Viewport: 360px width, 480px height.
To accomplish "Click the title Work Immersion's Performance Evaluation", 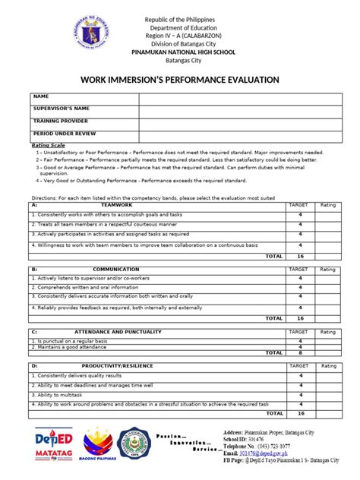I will click(179, 80).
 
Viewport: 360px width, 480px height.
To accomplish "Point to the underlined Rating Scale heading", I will click(48, 144).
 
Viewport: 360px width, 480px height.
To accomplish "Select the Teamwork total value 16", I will click(300, 257).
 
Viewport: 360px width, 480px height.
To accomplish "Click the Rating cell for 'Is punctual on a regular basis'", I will click(327, 341).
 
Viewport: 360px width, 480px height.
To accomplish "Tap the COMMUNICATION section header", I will click(115, 270).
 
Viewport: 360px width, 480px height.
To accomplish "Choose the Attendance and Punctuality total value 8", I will click(300, 352).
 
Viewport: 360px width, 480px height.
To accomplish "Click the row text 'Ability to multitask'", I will click(55, 396).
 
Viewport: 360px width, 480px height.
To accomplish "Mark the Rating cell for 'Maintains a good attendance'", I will click(327, 347).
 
